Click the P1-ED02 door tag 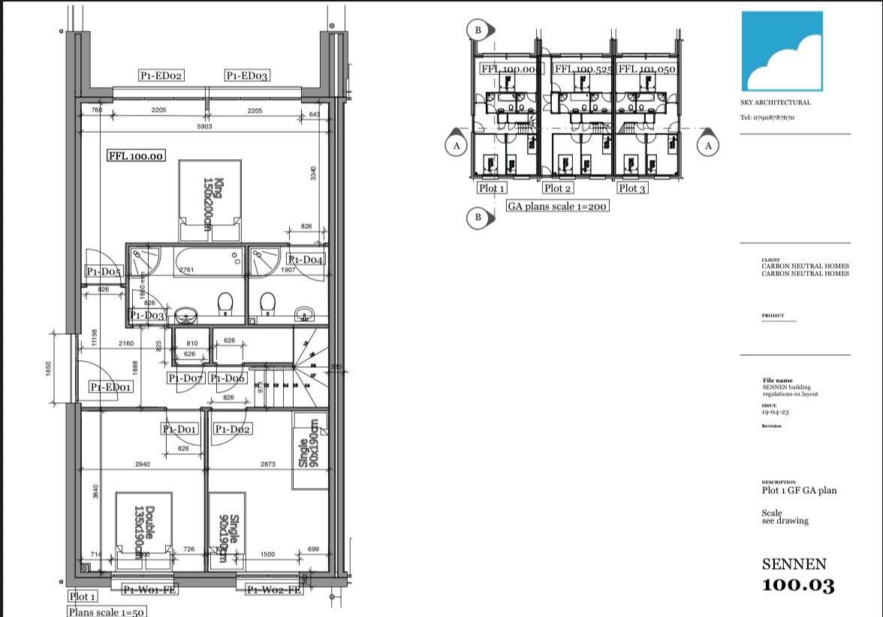(161, 76)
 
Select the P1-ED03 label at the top (247, 76)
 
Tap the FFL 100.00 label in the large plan (136, 156)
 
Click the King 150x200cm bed (210, 200)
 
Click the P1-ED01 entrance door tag (111, 387)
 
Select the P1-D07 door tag (185, 378)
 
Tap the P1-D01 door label (179, 429)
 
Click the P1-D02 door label (232, 429)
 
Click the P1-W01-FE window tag (149, 590)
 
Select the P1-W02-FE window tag (273, 590)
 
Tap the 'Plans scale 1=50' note (106, 612)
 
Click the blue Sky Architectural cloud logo (782, 51)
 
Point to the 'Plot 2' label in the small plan (557, 188)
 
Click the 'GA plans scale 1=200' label (557, 206)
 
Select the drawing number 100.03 (798, 585)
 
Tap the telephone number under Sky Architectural (767, 118)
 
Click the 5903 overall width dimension (204, 127)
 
